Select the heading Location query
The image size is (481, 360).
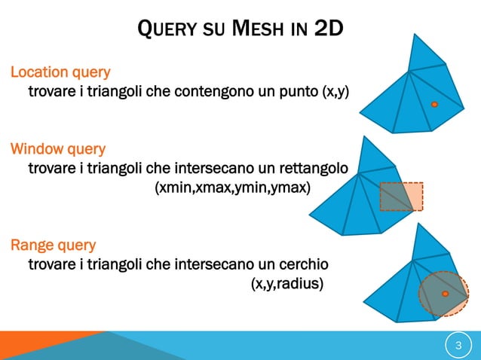coord(60,72)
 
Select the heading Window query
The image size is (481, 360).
coord(57,149)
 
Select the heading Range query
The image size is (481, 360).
coord(53,245)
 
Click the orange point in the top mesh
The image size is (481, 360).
coord(435,105)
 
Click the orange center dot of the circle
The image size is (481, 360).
coord(446,293)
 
